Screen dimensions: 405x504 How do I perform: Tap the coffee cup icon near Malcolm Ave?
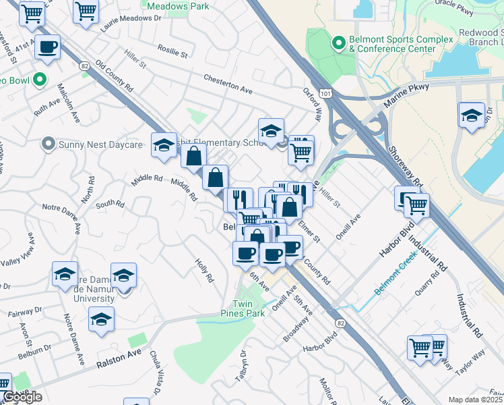coord(47,47)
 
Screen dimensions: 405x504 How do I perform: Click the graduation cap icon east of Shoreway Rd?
coord(472,115)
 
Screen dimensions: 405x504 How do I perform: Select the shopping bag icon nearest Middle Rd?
coord(215,178)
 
